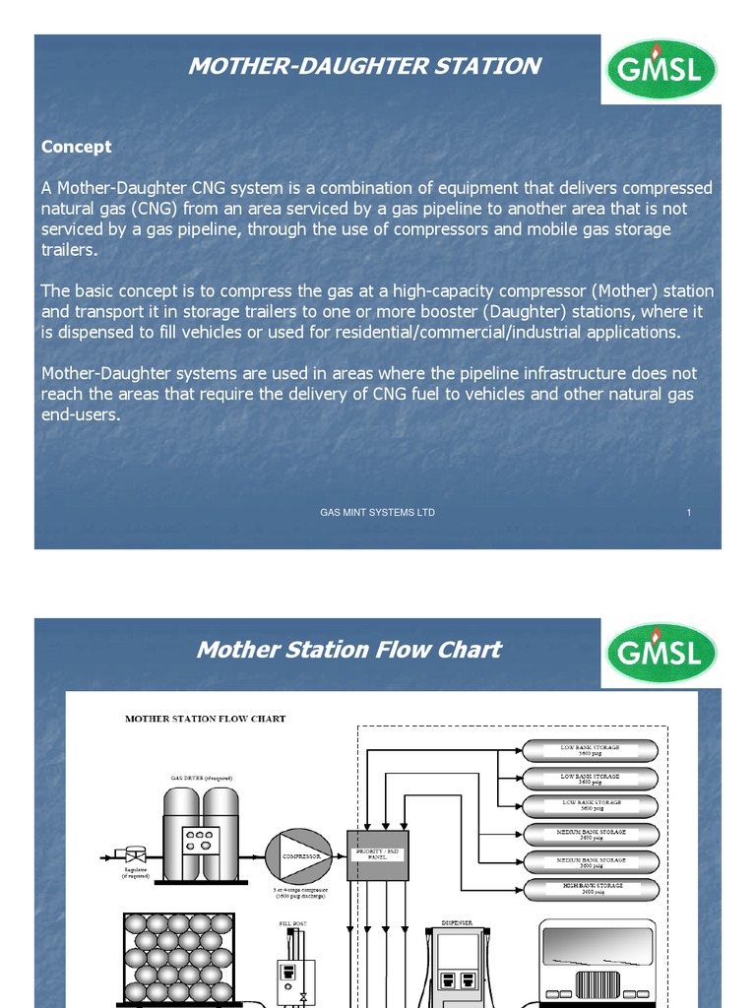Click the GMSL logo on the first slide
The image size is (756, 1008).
[x=661, y=69]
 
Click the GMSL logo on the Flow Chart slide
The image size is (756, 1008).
[x=661, y=653]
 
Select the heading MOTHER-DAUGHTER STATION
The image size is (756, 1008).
[x=364, y=66]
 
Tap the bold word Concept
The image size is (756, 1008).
[x=76, y=147]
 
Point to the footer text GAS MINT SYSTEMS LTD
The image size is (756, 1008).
[x=377, y=513]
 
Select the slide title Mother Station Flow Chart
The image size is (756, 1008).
[x=348, y=650]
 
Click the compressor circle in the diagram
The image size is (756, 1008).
[x=300, y=856]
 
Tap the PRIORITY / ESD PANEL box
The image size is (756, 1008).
[x=377, y=854]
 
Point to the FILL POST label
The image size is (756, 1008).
[x=294, y=923]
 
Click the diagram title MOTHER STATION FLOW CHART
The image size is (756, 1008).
[x=205, y=719]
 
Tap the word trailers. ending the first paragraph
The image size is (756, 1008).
[x=70, y=250]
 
